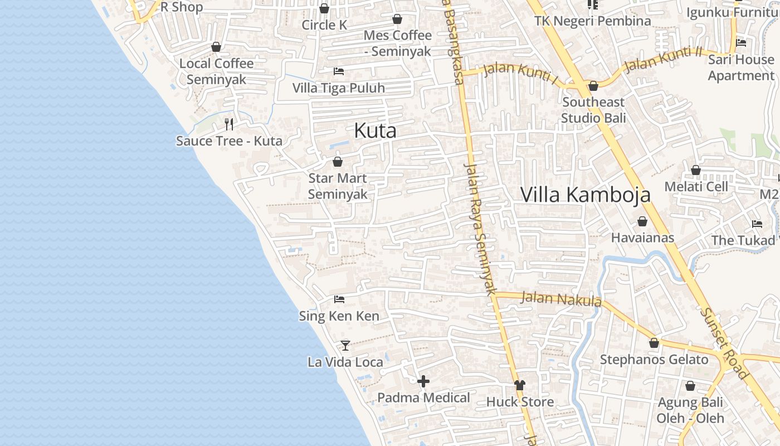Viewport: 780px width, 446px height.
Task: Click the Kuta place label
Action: pyautogui.click(x=376, y=130)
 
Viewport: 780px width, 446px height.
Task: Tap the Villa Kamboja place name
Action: pyautogui.click(x=585, y=194)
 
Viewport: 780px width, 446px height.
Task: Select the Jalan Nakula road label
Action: pyautogui.click(x=560, y=299)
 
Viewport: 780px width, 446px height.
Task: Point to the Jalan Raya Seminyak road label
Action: pyautogui.click(x=480, y=229)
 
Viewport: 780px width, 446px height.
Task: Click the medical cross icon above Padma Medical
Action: pyautogui.click(x=423, y=381)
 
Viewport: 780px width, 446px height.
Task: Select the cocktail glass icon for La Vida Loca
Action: pyautogui.click(x=345, y=346)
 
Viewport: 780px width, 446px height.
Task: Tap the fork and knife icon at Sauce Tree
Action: pyautogui.click(x=229, y=124)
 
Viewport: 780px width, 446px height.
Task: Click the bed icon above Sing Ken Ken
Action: pyautogui.click(x=339, y=299)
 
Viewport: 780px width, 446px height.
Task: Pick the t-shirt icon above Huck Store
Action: pyautogui.click(x=520, y=385)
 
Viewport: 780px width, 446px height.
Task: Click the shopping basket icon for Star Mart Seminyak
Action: pyautogui.click(x=337, y=162)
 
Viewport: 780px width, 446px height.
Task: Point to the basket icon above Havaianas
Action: pyautogui.click(x=642, y=221)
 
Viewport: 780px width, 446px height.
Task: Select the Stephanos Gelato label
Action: pyautogui.click(x=654, y=360)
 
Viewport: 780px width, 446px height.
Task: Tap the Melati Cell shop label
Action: pyautogui.click(x=696, y=186)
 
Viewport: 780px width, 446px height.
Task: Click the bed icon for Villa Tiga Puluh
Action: pyautogui.click(x=338, y=71)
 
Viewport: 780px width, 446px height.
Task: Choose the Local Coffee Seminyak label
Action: pyautogui.click(x=216, y=71)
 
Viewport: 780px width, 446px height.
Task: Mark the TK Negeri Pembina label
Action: pyautogui.click(x=592, y=21)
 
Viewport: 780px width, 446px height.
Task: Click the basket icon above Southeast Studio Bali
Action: pyautogui.click(x=593, y=86)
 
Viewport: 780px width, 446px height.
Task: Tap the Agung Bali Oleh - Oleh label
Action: pyautogui.click(x=690, y=410)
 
